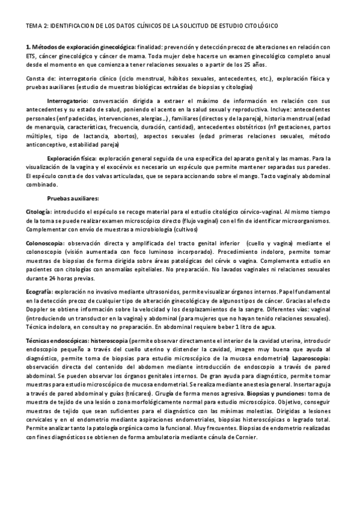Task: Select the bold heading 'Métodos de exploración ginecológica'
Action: (84, 47)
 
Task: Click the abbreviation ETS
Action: (32, 56)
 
